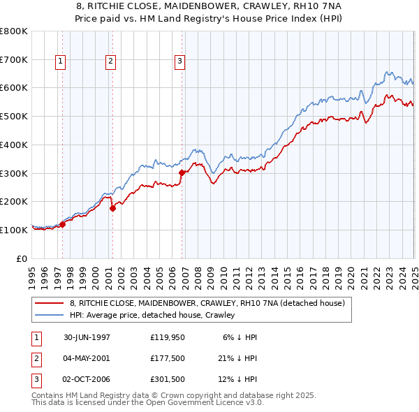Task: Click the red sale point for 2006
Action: [182, 172]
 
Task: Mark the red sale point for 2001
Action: [112, 207]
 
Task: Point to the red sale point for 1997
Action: [63, 224]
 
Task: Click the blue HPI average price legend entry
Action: [152, 315]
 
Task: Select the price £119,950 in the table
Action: [166, 337]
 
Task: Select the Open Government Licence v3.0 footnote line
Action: [147, 404]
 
